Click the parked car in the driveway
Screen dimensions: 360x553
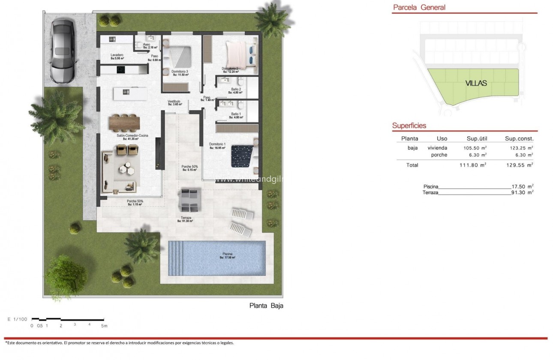click(x=63, y=51)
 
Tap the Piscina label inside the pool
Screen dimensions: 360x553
click(x=227, y=255)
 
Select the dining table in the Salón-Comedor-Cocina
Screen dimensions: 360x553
click(x=124, y=123)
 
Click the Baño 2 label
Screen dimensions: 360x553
click(x=236, y=90)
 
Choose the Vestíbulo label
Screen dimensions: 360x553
click(x=174, y=102)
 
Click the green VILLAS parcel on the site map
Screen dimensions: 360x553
click(x=476, y=84)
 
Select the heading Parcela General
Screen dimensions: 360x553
click(x=419, y=7)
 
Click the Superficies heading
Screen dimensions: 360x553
click(x=409, y=126)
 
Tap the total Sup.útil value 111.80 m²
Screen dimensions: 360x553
click(x=471, y=165)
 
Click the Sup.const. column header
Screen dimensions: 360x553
click(x=519, y=138)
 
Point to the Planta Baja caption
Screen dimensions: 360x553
click(x=266, y=306)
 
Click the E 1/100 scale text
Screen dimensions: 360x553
click(x=18, y=319)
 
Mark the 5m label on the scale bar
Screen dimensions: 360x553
click(x=104, y=326)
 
